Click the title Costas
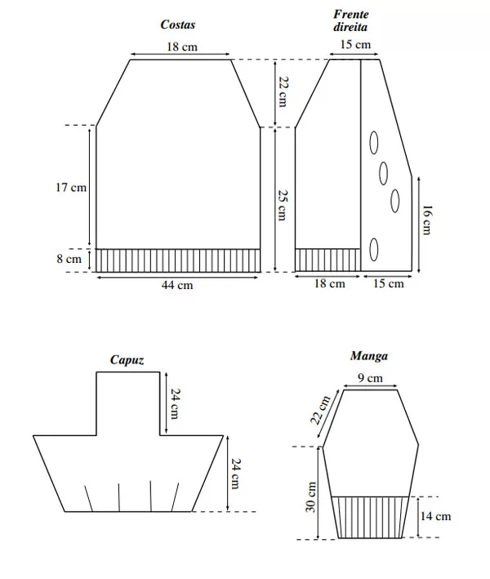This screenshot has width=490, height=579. click(177, 24)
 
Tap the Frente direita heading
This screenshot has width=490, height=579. click(350, 20)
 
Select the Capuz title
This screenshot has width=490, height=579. click(127, 359)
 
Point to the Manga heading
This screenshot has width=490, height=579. click(369, 355)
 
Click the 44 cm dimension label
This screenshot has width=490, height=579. click(177, 285)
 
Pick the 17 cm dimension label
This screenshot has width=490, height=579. click(71, 187)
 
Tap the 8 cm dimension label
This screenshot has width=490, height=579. click(69, 259)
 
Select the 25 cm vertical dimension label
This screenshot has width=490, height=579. click(282, 205)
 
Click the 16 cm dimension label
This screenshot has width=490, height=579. click(426, 220)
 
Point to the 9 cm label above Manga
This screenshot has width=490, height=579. click(370, 378)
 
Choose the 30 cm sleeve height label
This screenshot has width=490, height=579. click(311, 497)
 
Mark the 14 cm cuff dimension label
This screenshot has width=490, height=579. click(435, 516)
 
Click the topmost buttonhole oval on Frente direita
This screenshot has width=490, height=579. click(374, 143)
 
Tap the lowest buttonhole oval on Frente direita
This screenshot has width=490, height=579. click(374, 250)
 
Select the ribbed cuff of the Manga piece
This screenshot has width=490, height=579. click(370, 517)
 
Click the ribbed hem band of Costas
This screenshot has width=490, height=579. click(178, 261)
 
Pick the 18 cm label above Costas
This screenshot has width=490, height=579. click(182, 47)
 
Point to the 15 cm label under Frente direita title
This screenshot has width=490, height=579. click(355, 45)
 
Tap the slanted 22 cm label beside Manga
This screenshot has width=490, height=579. click(320, 410)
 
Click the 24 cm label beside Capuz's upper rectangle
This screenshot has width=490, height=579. click(176, 403)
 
